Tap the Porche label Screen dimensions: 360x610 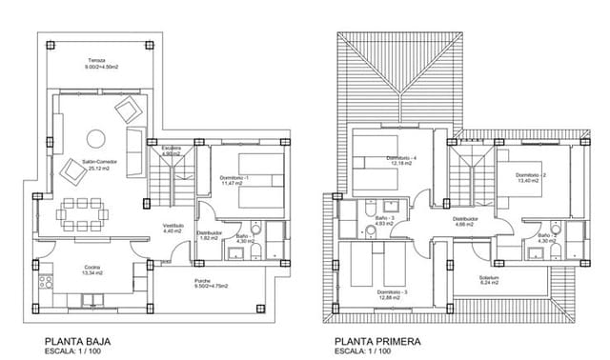point(203,282)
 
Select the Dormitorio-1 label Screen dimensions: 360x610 point(234,179)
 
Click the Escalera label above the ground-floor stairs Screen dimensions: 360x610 point(172,150)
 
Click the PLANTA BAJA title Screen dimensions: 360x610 point(74,339)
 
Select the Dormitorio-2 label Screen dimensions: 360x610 point(531,176)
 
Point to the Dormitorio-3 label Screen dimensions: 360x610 point(392,291)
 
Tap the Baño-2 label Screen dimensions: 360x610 point(546,237)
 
